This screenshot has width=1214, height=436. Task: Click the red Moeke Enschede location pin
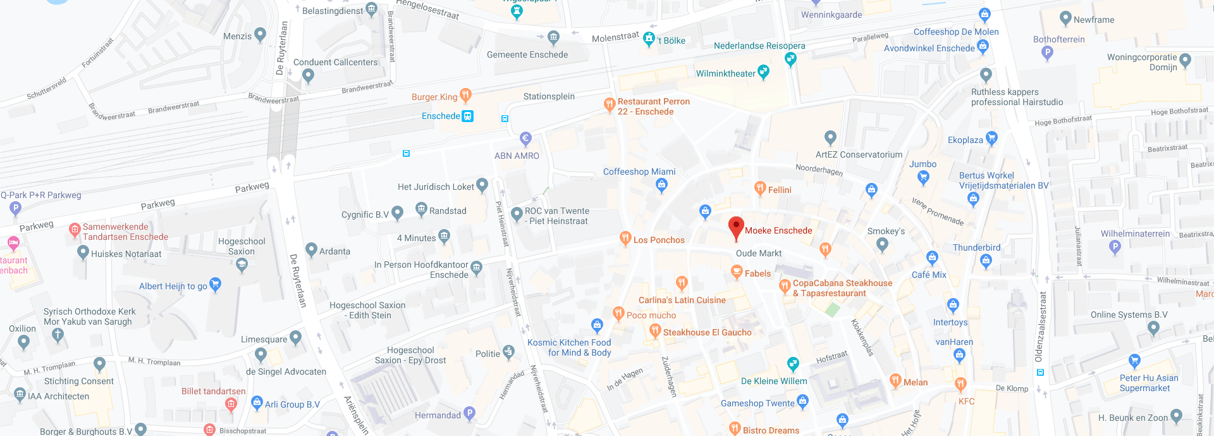(x=736, y=228)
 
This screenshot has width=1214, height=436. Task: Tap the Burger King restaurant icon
(x=465, y=96)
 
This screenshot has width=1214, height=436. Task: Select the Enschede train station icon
(x=467, y=116)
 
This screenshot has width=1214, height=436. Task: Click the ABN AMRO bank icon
(x=525, y=138)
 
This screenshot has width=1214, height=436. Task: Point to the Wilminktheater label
(x=725, y=73)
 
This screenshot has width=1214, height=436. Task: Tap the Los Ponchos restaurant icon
(x=625, y=238)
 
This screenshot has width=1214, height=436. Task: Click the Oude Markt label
(x=759, y=253)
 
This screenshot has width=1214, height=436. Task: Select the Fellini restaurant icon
(x=760, y=188)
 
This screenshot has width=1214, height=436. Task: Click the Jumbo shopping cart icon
(x=923, y=177)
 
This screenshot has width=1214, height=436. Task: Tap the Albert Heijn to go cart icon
(x=215, y=284)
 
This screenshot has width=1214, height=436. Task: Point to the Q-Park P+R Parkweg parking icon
(x=15, y=208)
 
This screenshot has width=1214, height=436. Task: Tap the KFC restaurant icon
(x=960, y=383)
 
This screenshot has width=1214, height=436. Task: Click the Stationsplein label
(x=549, y=96)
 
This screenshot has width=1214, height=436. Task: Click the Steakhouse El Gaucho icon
(x=655, y=330)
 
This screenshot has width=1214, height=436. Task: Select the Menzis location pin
(x=260, y=34)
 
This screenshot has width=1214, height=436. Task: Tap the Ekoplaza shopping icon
(x=991, y=137)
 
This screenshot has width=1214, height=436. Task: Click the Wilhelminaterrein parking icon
(x=1115, y=246)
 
